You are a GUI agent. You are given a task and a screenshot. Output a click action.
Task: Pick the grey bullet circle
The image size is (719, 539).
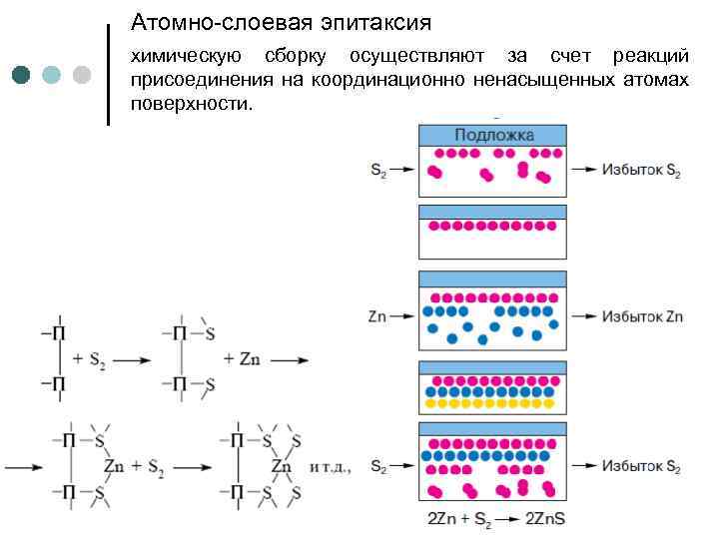pyautogui.click(x=82, y=74)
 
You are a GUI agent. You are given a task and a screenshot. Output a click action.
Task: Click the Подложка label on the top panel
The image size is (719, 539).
pyautogui.click(x=493, y=135)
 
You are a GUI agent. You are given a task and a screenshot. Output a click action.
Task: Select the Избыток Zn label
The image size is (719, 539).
pyautogui.click(x=642, y=316)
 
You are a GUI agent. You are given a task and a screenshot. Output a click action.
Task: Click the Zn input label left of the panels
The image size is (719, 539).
pyautogui.click(x=377, y=316)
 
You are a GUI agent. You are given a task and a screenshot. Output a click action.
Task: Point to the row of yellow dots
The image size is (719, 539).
pyautogui.click(x=492, y=404)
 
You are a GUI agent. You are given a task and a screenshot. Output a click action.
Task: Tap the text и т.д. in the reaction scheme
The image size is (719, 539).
pyautogui.click(x=331, y=466)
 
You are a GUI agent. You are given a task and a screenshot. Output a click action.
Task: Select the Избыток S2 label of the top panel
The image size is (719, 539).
pyautogui.click(x=641, y=170)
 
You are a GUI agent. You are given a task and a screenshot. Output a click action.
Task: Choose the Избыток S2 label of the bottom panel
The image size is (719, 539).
pyautogui.click(x=641, y=466)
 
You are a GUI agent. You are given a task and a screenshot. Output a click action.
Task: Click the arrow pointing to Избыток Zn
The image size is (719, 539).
pyautogui.click(x=584, y=316)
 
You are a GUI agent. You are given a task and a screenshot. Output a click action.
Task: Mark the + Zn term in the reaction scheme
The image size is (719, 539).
pyautogui.click(x=246, y=357)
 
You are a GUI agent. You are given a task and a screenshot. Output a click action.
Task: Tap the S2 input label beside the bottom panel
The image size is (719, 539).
pyautogui.click(x=378, y=466)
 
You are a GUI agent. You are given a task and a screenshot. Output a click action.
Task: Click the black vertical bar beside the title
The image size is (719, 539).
pyautogui.click(x=108, y=74)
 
